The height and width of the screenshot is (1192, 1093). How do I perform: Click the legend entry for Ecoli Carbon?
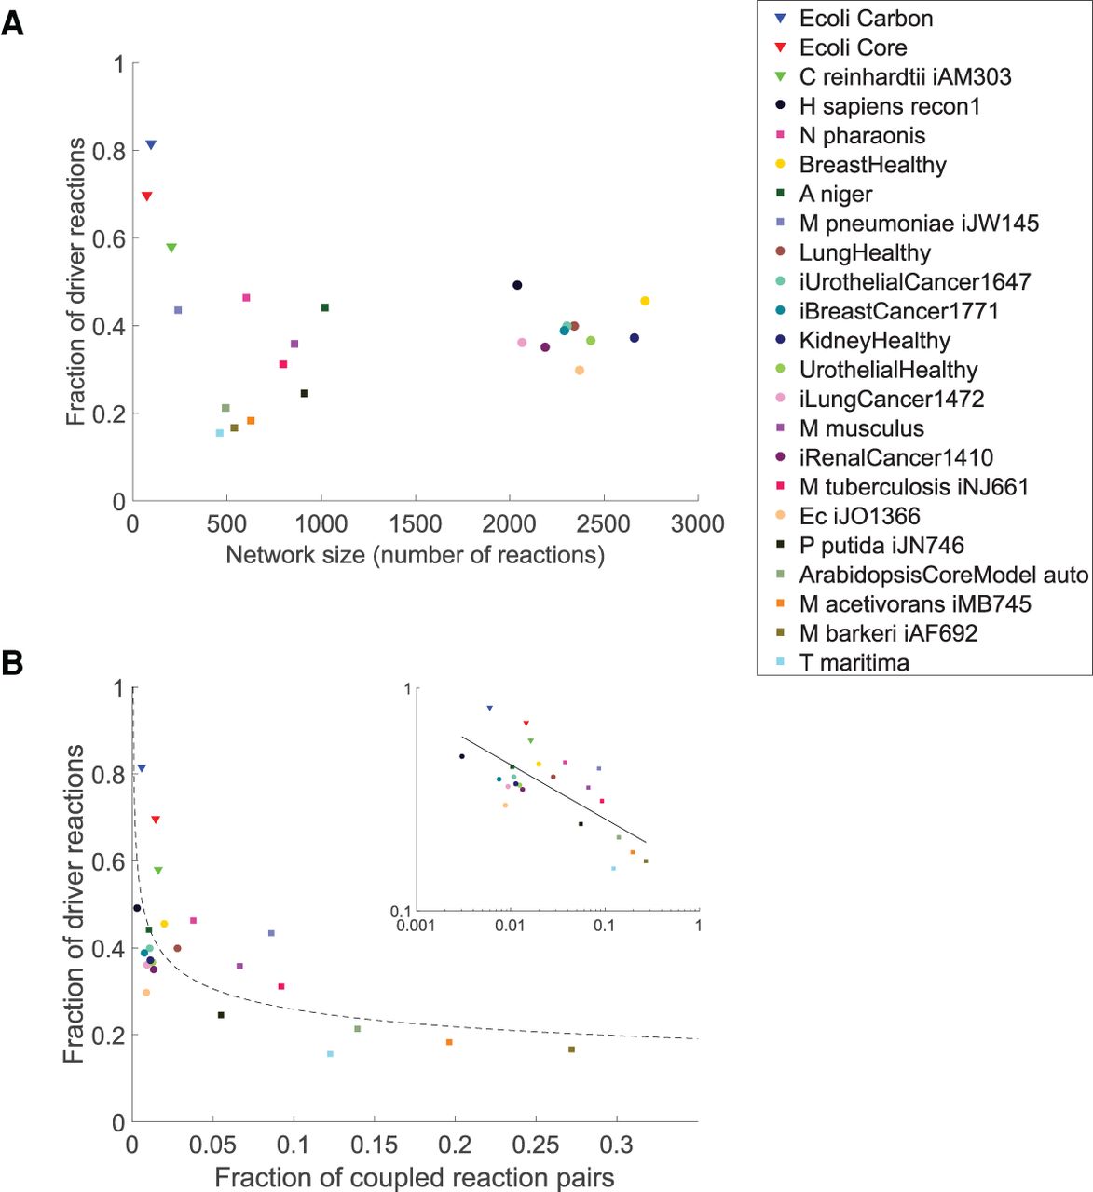(866, 19)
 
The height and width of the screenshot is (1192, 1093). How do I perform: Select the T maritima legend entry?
(854, 663)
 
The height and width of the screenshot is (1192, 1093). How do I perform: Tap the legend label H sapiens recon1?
(890, 106)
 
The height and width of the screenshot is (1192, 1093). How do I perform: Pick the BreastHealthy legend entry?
(872, 165)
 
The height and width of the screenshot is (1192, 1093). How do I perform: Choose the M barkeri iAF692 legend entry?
(888, 633)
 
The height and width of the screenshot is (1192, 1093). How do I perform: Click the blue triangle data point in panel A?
(151, 145)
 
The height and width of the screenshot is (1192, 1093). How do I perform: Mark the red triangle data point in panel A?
(146, 196)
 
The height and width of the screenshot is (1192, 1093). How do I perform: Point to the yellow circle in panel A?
(645, 301)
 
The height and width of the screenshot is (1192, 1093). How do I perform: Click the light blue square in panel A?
(219, 433)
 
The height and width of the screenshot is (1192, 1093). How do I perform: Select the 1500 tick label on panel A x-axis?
(416, 523)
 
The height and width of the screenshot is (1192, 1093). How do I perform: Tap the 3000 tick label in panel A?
(697, 523)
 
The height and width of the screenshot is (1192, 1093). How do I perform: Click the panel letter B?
(12, 663)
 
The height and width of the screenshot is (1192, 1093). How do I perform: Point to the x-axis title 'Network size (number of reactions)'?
(415, 556)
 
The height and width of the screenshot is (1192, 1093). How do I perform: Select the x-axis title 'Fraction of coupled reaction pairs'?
(415, 1178)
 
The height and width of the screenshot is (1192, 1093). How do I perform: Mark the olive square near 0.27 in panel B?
(571, 1050)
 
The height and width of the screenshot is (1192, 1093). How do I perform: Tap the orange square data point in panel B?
(449, 1042)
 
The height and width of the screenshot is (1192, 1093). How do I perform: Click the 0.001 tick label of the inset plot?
(416, 926)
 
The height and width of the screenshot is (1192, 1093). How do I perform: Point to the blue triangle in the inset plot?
(490, 709)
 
